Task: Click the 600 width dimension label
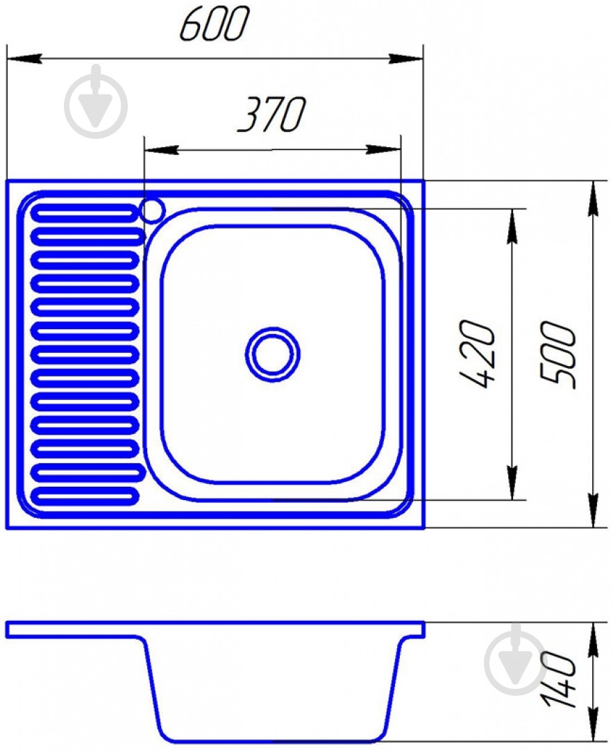click(215, 24)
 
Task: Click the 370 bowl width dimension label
click(271, 115)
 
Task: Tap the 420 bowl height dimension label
click(476, 353)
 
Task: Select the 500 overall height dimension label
click(558, 353)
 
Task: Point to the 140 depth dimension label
click(559, 679)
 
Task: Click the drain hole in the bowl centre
click(273, 354)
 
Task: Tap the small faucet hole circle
click(153, 210)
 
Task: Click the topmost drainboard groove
click(85, 213)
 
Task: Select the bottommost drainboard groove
click(85, 496)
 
